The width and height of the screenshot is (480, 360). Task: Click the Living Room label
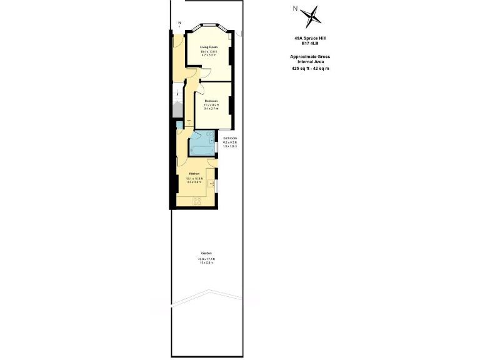[209, 47]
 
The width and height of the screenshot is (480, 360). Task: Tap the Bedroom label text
[211, 101]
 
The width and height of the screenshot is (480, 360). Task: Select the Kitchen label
[194, 173]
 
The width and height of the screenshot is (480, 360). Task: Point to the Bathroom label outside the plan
[230, 138]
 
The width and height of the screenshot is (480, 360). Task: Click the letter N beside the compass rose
[295, 8]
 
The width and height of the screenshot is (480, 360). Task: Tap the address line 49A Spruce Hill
[310, 38]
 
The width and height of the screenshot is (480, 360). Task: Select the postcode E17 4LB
[310, 43]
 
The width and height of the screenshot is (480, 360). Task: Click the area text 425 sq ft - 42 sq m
[310, 68]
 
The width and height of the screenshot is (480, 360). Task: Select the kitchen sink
[212, 184]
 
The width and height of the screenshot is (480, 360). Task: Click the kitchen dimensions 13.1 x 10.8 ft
[194, 178]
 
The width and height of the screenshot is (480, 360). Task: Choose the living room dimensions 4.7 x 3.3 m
[209, 56]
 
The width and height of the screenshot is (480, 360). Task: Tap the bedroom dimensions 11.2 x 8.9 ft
[211, 105]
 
